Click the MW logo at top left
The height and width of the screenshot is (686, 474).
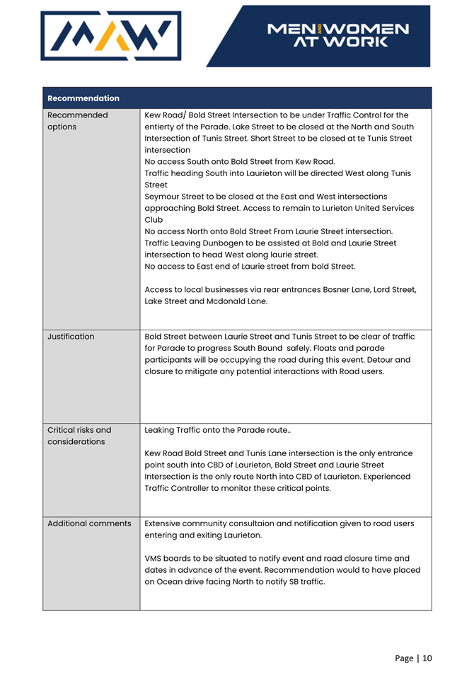click(x=111, y=35)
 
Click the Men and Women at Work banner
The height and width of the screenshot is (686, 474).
click(x=337, y=35)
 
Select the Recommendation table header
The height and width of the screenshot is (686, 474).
click(x=83, y=98)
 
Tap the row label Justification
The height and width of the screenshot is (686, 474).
click(x=71, y=337)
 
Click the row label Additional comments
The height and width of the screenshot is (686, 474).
click(x=89, y=524)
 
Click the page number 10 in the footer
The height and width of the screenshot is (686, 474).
click(x=427, y=658)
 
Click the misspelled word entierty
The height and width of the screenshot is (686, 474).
click(x=162, y=127)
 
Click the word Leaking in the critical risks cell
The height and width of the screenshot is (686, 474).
click(x=162, y=429)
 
